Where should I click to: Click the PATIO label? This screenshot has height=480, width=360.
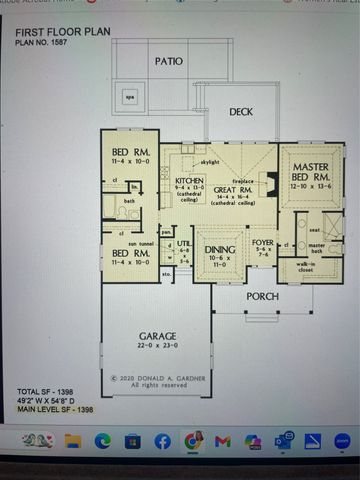click(x=169, y=61)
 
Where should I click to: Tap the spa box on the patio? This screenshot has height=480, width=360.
click(x=130, y=97)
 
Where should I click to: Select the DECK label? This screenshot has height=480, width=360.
click(x=241, y=112)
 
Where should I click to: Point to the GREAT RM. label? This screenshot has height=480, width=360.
click(x=233, y=186)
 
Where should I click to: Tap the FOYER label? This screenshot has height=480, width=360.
click(x=262, y=241)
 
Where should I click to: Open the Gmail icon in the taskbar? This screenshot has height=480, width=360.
click(x=223, y=441)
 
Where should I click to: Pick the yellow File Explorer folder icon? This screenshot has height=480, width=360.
click(x=73, y=441)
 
